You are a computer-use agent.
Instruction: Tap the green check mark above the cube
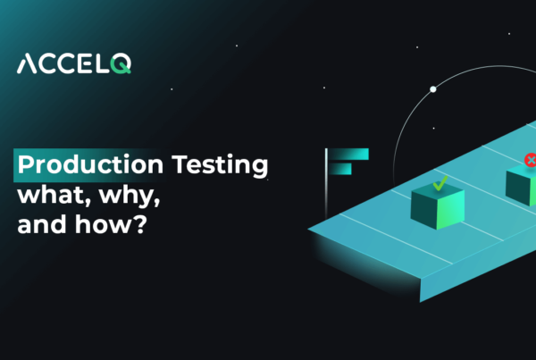(440, 183)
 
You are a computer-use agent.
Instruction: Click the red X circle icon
(530, 161)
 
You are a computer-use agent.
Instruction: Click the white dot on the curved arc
(433, 89)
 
